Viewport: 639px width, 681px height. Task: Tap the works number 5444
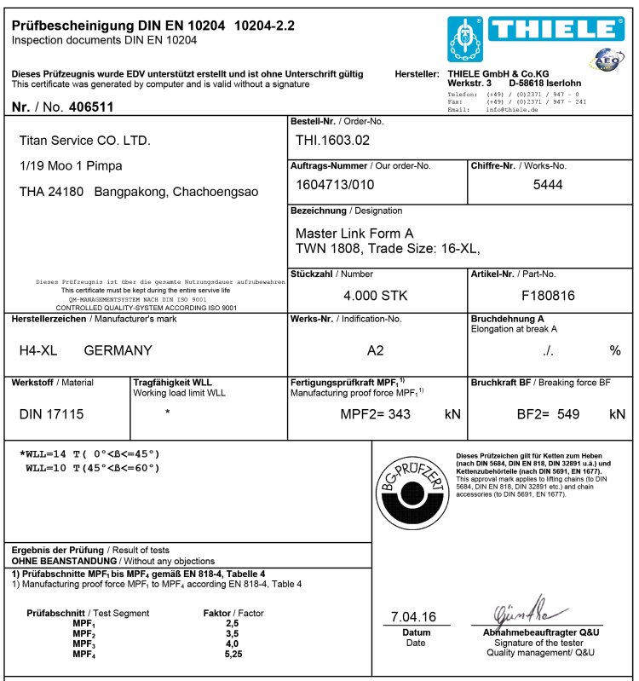pos(548,185)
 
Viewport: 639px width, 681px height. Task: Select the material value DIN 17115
pos(52,414)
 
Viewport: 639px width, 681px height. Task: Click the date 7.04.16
pos(413,616)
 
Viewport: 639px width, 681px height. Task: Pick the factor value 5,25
pos(233,654)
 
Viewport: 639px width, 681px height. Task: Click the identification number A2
pos(376,350)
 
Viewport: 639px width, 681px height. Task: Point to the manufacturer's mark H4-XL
pos(37,350)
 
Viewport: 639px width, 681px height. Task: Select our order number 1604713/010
pos(335,185)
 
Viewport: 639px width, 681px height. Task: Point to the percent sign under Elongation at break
pos(614,350)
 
